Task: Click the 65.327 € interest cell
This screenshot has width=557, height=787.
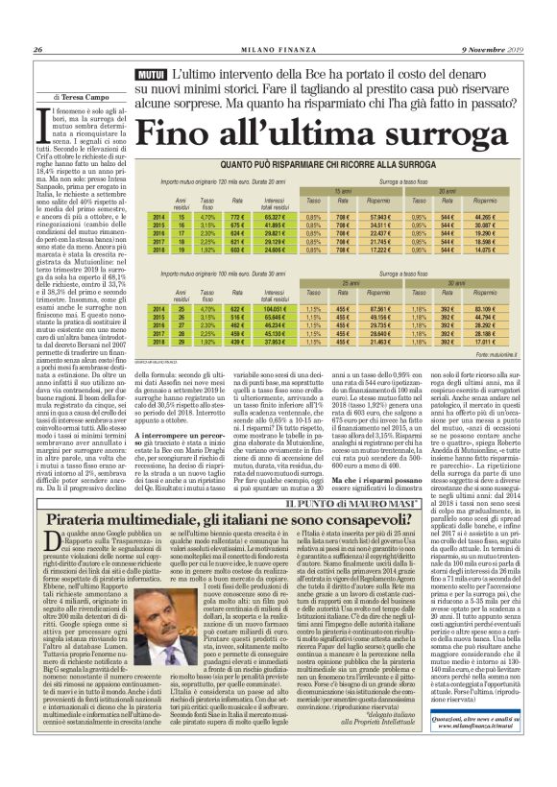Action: (x=277, y=217)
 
